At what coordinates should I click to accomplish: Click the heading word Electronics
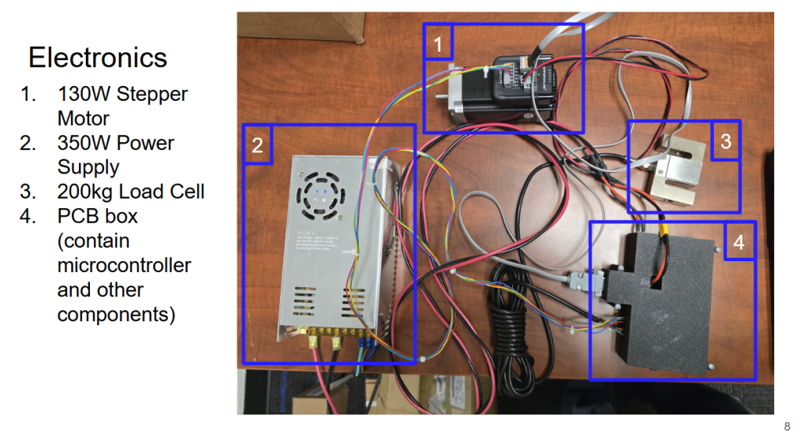(98, 58)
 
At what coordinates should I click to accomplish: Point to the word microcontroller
(124, 265)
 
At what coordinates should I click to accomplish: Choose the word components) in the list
(116, 314)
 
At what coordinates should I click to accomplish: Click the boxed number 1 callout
(439, 44)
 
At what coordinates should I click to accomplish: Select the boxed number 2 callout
(257, 145)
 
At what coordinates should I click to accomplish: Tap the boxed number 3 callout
(726, 142)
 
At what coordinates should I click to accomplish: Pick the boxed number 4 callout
(739, 242)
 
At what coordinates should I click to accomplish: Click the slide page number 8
(787, 426)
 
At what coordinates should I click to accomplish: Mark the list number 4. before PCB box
(29, 217)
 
